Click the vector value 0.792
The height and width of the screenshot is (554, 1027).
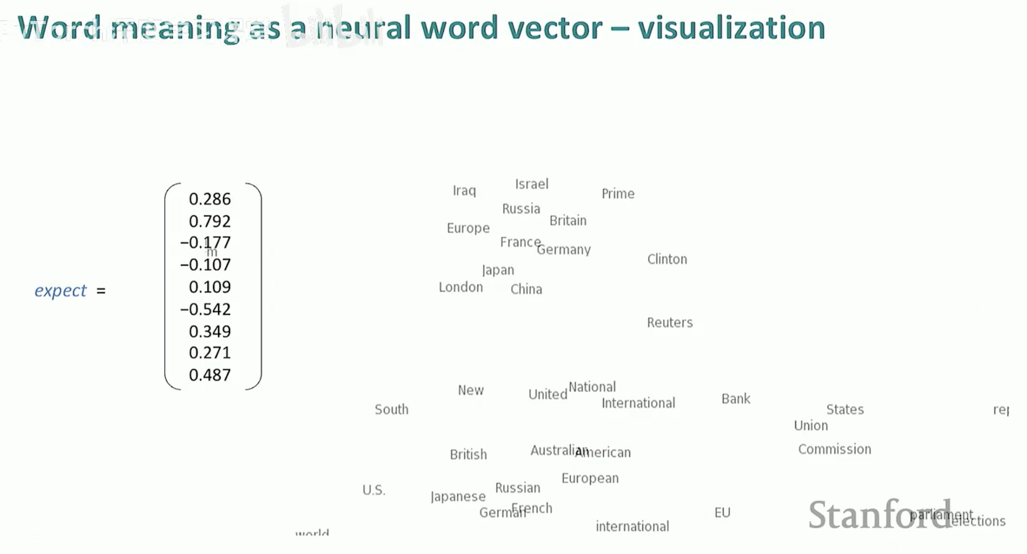pyautogui.click(x=210, y=221)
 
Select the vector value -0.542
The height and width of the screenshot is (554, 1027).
pyautogui.click(x=205, y=309)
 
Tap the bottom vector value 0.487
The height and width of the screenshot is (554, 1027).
pyautogui.click(x=210, y=375)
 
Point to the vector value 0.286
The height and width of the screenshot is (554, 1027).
pyautogui.click(x=210, y=199)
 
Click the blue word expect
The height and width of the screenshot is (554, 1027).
pyautogui.click(x=60, y=291)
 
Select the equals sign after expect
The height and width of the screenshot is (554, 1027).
pyautogui.click(x=101, y=291)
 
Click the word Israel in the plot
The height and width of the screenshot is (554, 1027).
pyautogui.click(x=531, y=184)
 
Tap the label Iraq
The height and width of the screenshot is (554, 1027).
pyautogui.click(x=464, y=191)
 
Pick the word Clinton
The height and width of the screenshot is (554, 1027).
pyautogui.click(x=667, y=259)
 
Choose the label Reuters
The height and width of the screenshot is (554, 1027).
pyautogui.click(x=670, y=322)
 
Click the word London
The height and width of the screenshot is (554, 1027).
pyautogui.click(x=460, y=287)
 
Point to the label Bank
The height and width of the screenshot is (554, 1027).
pyautogui.click(x=736, y=399)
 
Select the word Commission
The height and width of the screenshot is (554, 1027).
pyautogui.click(x=834, y=449)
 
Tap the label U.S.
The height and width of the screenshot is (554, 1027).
pyautogui.click(x=374, y=490)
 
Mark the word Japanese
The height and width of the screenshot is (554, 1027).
pyautogui.click(x=458, y=496)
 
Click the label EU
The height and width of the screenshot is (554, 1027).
pyautogui.click(x=722, y=513)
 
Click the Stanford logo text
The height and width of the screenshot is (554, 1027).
pyautogui.click(x=879, y=514)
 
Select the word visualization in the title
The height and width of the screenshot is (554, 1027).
pyautogui.click(x=731, y=28)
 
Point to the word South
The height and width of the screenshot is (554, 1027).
pyautogui.click(x=391, y=410)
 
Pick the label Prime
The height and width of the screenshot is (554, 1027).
pyautogui.click(x=618, y=194)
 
